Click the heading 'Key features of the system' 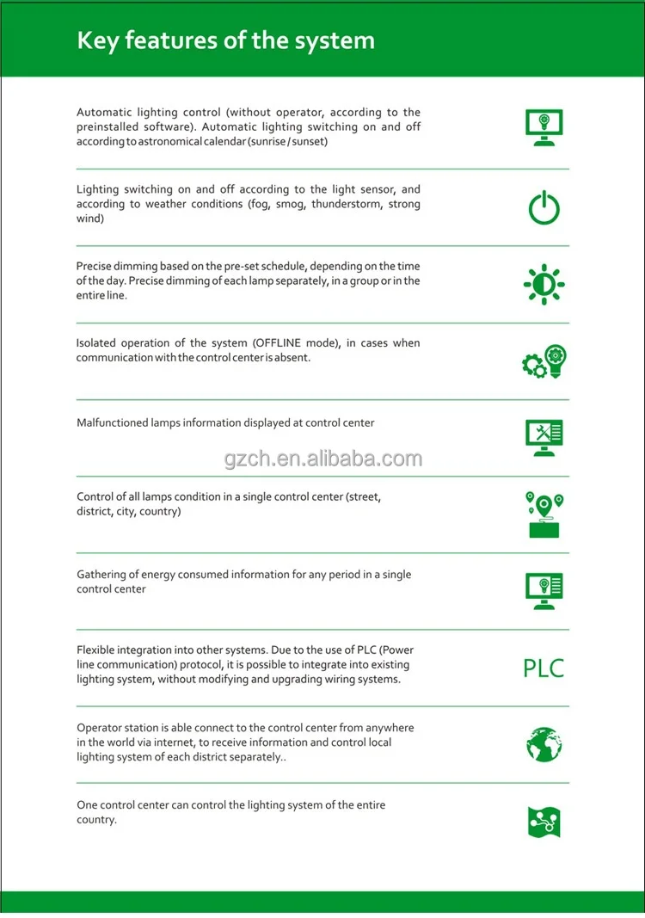[225, 40]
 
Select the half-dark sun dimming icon [544, 285]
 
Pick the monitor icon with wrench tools [544, 436]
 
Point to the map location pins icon [544, 514]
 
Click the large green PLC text [544, 668]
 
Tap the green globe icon [544, 744]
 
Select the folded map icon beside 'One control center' [544, 823]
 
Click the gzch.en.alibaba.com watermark [323, 459]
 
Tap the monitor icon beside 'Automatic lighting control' [544, 127]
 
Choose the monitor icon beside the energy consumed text [544, 591]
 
